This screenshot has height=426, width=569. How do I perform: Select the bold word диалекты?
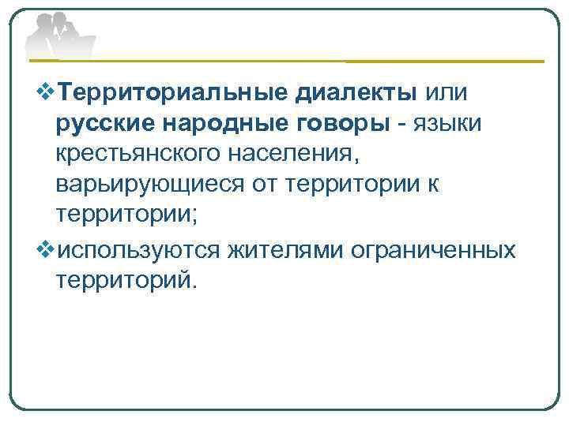356,93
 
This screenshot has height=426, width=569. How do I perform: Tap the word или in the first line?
447,93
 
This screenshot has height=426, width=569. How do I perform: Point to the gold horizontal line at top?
443,61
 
